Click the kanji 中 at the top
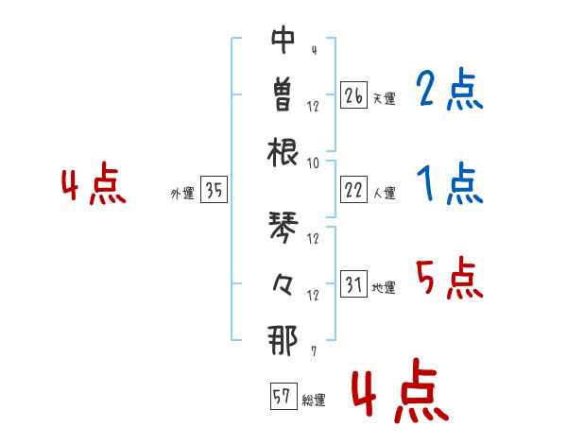coord(283,39)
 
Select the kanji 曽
coord(283,95)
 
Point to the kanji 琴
coord(283,227)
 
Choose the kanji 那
coord(283,340)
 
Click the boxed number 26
coord(353,95)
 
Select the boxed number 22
coord(353,190)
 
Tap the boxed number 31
coord(353,283)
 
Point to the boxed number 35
coord(214,190)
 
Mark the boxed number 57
coord(283,396)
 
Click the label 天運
coord(384,98)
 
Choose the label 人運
coord(384,193)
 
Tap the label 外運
coord(182,193)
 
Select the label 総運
coord(314,400)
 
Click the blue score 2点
coord(450,89)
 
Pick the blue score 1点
coord(450,183)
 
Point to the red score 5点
coord(450,278)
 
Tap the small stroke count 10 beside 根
coord(313,163)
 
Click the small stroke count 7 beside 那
coord(314,350)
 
